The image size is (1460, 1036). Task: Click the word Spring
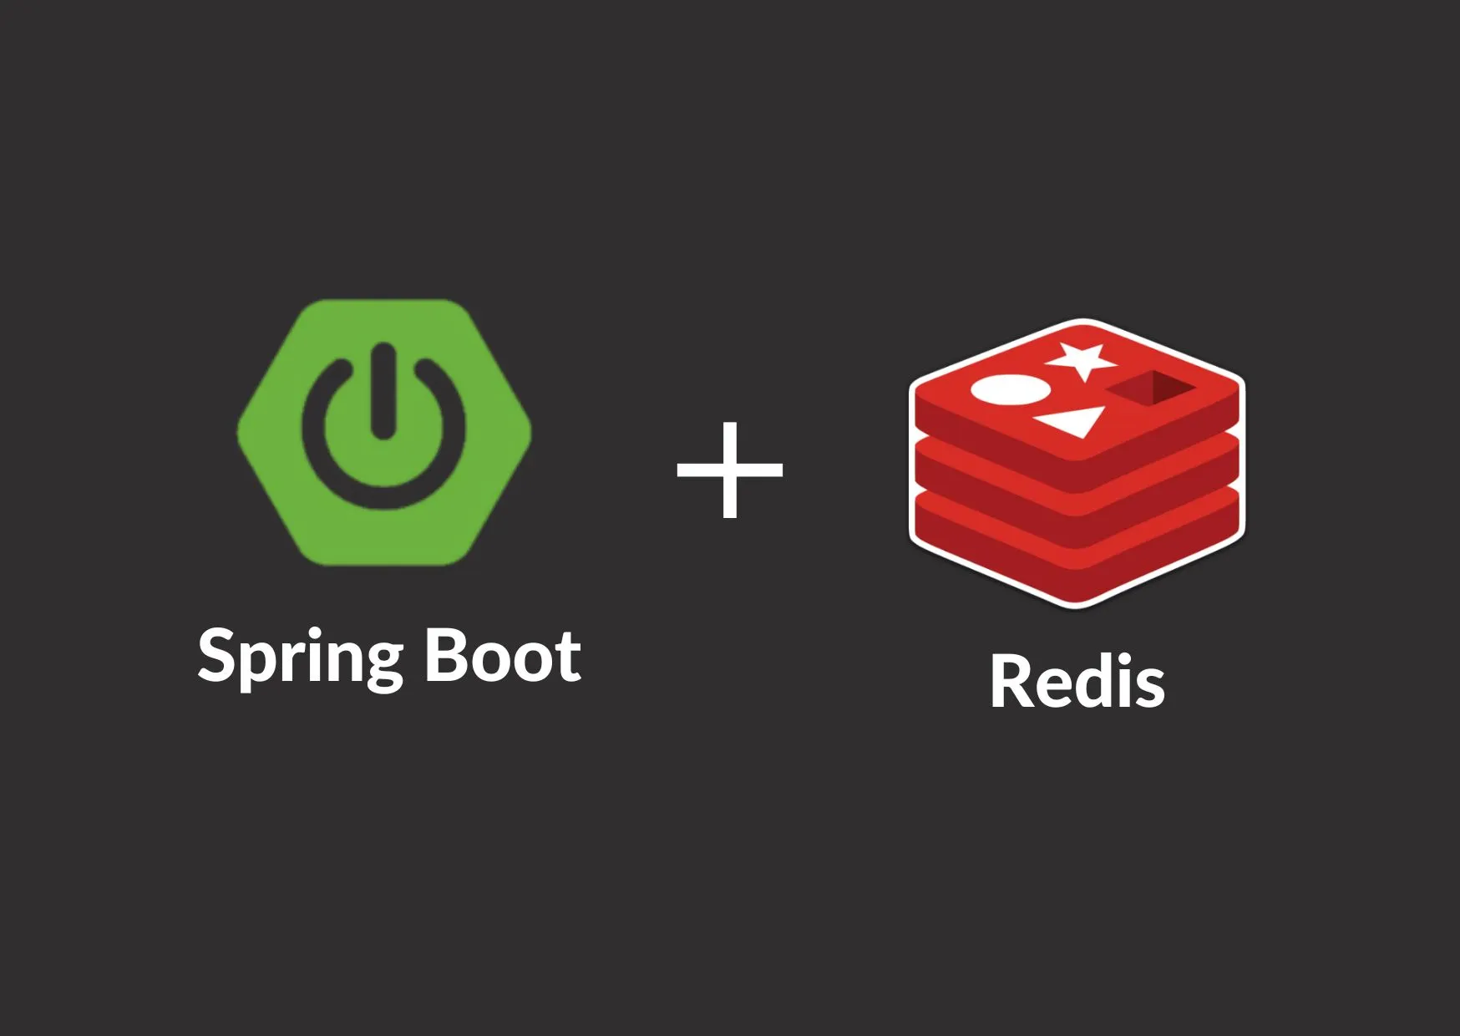(302, 658)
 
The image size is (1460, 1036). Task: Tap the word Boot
(503, 655)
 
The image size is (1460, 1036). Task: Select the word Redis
(1077, 681)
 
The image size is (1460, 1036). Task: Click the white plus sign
(730, 470)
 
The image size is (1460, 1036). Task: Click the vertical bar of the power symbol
(383, 390)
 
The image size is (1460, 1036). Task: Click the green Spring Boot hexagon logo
(384, 432)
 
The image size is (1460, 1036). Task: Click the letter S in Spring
(219, 655)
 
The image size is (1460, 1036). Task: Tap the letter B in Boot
(446, 655)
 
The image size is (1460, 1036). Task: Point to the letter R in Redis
(1011, 681)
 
